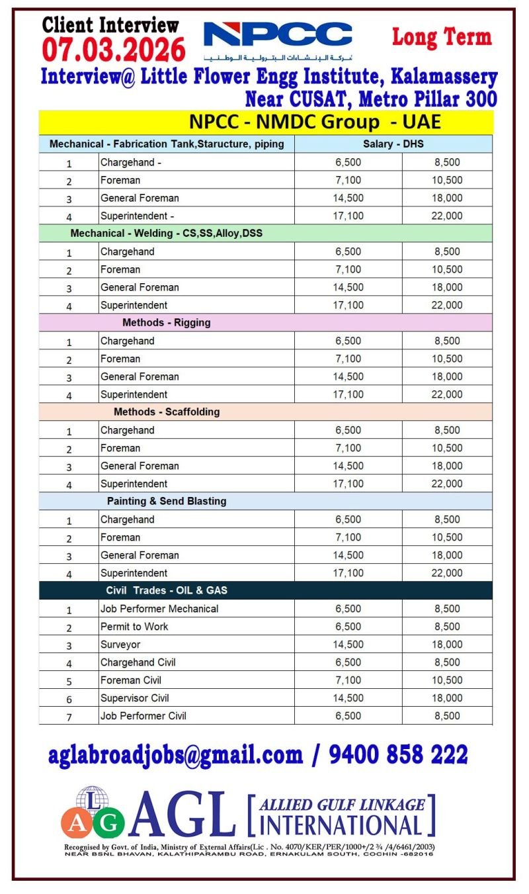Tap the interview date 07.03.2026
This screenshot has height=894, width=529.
[x=114, y=50]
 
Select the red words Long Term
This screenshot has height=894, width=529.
[x=442, y=37]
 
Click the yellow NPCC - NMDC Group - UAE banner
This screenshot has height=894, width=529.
[x=315, y=122]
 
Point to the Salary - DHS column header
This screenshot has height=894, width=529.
[x=393, y=144]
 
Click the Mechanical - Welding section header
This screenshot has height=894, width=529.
[x=167, y=234]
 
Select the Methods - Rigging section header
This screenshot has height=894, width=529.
[x=167, y=323]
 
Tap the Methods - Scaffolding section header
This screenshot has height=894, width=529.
[x=167, y=412]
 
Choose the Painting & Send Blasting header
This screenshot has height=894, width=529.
[x=167, y=502]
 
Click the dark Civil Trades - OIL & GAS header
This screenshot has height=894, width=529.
[x=167, y=590]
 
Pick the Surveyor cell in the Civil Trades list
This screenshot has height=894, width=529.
[x=120, y=645]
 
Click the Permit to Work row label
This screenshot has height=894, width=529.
[x=134, y=627]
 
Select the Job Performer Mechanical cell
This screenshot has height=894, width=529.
[x=159, y=609]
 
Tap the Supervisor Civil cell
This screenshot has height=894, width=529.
[x=135, y=698]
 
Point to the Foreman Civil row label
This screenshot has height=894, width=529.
[x=131, y=680]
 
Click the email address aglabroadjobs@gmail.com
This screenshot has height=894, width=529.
[x=175, y=755]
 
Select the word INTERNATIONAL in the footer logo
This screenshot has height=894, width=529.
[x=341, y=825]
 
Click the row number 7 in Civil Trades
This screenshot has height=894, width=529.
[x=69, y=717]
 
